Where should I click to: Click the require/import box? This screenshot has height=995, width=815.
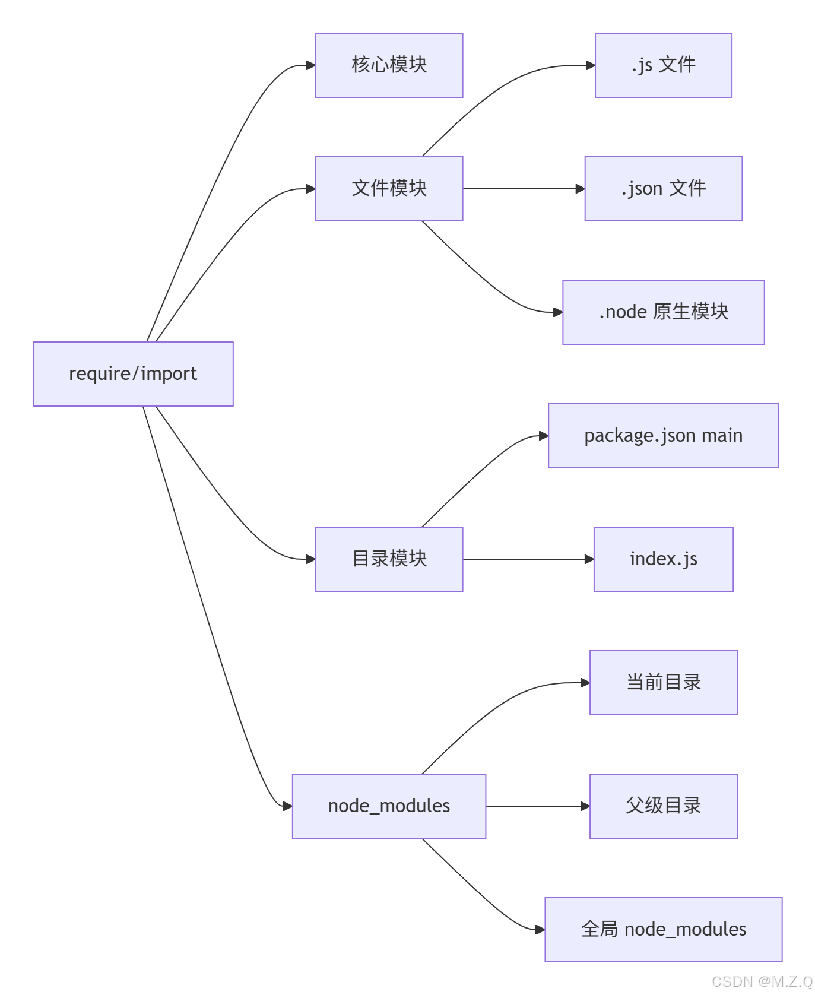133,374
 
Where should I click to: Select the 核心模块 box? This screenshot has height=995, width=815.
389,65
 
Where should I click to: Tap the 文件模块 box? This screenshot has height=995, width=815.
389,189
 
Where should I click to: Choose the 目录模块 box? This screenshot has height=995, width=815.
389,559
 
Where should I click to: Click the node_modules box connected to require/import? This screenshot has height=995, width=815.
389,806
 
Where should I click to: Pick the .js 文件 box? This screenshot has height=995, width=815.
663,65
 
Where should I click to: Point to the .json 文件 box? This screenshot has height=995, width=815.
663,189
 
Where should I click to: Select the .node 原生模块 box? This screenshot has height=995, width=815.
663,312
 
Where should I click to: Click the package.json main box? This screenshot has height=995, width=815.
663,436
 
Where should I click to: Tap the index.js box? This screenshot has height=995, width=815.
663,559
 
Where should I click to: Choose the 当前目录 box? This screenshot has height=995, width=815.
663,683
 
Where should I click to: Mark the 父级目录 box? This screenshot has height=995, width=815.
663,806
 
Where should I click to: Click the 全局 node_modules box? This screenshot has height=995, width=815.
663,930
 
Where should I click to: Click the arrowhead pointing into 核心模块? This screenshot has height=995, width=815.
310,65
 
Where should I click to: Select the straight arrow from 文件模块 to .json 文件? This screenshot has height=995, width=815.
522,189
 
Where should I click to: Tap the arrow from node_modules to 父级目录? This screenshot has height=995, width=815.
537,806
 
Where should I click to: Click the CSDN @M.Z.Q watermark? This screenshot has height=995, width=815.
762,981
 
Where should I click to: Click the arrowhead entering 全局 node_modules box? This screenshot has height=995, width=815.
540,930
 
